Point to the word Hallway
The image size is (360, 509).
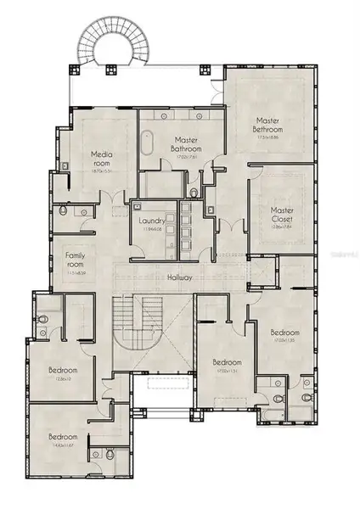click(180, 277)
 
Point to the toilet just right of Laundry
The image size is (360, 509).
click(194, 193)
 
